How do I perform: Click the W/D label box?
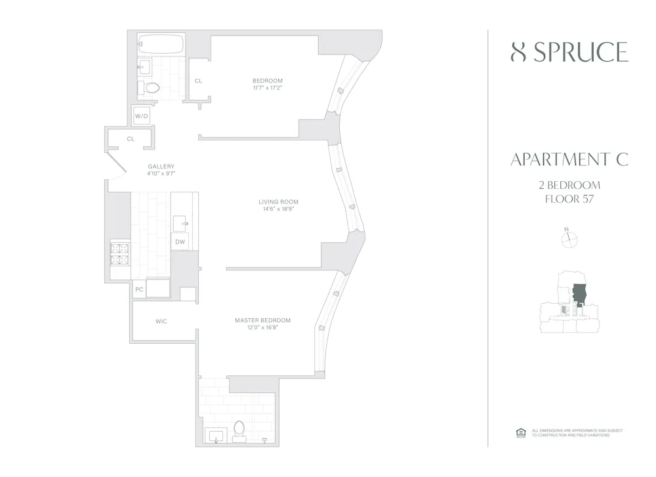click(x=142, y=116)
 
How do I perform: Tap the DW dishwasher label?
click(x=180, y=242)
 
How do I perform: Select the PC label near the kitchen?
click(x=139, y=289)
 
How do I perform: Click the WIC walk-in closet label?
click(x=162, y=321)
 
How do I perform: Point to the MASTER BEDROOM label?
click(x=262, y=320)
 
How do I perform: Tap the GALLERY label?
click(x=161, y=166)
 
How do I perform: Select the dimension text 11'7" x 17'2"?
click(x=267, y=88)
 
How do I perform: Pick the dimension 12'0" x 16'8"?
click(x=262, y=328)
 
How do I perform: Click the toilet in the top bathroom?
click(x=152, y=87)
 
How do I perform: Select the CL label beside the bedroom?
click(x=198, y=81)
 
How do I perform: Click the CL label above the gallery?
click(x=131, y=138)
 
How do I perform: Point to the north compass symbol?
click(x=568, y=239)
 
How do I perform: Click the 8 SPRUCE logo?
click(x=569, y=52)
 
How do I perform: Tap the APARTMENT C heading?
click(x=569, y=159)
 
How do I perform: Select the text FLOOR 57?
click(x=569, y=199)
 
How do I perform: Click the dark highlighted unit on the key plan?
click(x=579, y=295)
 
